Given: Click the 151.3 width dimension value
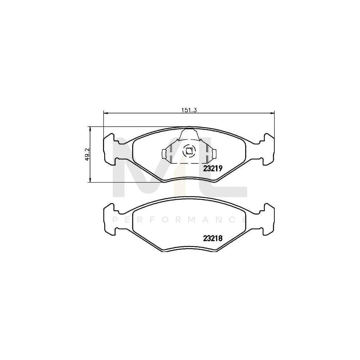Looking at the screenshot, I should click(189, 111).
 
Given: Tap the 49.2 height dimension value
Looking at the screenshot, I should click(87, 154).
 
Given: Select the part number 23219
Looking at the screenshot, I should click(213, 168).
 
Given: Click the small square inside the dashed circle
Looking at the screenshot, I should click(189, 151).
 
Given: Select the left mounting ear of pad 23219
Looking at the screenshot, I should click(109, 149).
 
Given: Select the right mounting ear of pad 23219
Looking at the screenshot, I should click(268, 149).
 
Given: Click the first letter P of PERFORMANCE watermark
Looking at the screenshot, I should click(115, 220).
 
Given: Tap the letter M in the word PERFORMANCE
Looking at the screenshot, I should click(193, 220).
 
